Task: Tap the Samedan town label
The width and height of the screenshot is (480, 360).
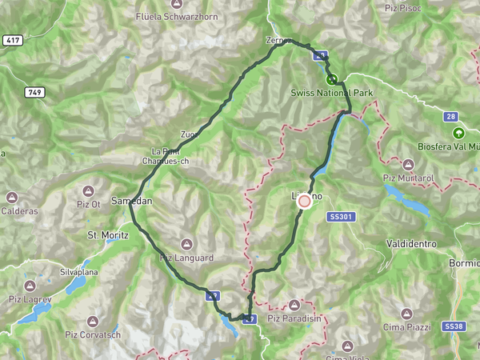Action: pos(131,201)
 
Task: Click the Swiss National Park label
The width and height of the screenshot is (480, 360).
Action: pos(333,94)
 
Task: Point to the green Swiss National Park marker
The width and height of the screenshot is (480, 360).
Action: pos(331,79)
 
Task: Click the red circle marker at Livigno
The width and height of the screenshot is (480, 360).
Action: pos(305,202)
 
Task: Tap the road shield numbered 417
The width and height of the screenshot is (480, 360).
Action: pos(12,40)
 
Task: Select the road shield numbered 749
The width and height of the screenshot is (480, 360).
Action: pos(34,93)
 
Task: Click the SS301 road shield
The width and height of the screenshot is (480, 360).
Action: pos(340,217)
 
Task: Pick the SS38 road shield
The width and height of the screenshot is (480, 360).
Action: pos(454,326)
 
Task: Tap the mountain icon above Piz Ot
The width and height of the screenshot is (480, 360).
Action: pos(89,192)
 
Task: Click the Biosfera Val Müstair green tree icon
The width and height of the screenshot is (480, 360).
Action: pos(458,133)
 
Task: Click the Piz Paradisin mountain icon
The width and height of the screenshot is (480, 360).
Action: pos(294,305)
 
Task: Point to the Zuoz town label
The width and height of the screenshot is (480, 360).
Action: pos(189,134)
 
